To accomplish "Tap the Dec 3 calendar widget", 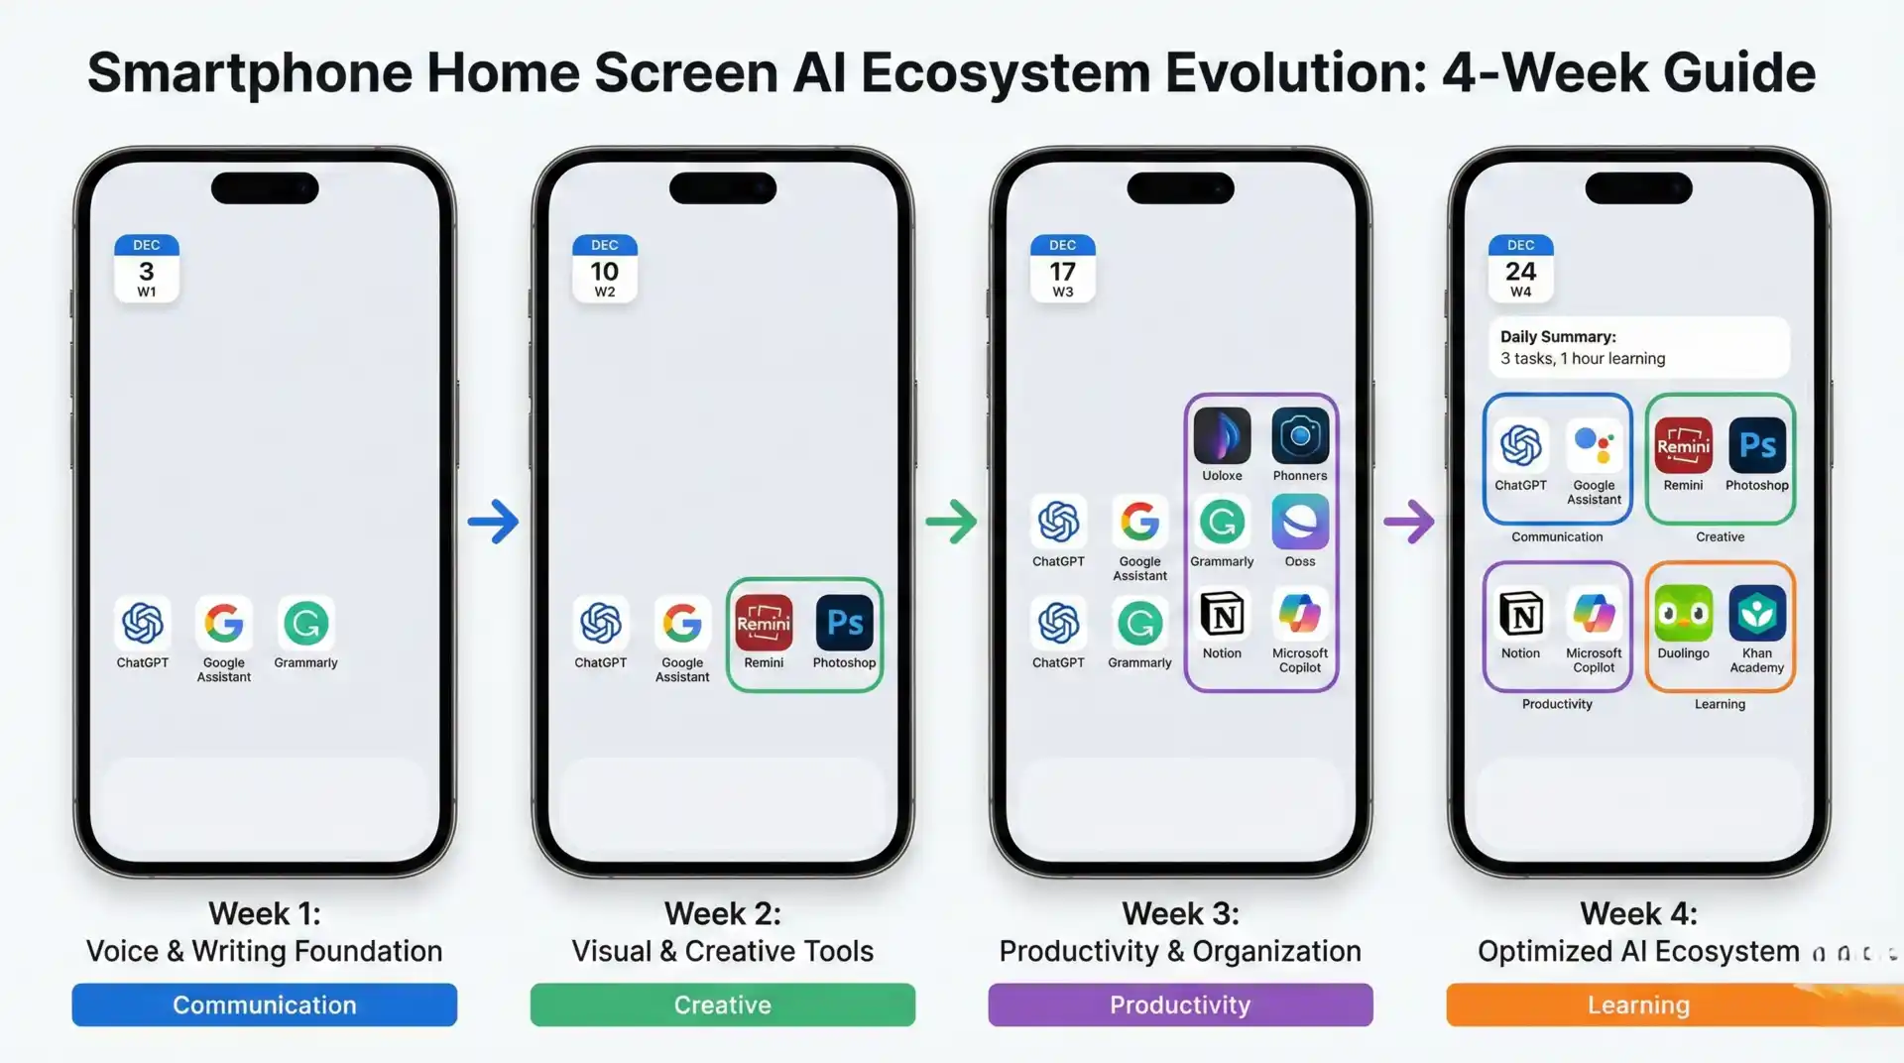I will pos(147,268).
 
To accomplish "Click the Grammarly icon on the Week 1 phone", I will pos(305,623).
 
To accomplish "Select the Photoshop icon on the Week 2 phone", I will pos(844,623).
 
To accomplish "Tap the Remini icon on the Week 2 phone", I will pos(764,623).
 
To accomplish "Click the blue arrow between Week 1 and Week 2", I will pos(493,522).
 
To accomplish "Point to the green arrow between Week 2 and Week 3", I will pos(951,522).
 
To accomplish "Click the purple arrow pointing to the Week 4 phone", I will pos(1409,522).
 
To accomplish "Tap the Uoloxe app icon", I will pos(1222,436).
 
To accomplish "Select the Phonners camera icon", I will pos(1300,436).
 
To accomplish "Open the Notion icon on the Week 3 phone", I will pos(1222,615).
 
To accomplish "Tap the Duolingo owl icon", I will pos(1683,614).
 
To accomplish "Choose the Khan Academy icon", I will pos(1756,614).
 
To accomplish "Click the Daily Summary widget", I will pos(1638,347).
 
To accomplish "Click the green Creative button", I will pos(722,1004).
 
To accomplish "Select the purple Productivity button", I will pos(1180,1004).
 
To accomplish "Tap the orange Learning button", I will pos(1638,1004).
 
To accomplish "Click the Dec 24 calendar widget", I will pos(1520,268).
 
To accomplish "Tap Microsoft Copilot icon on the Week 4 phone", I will pos(1594,614).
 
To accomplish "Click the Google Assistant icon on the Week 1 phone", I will pos(224,623).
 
